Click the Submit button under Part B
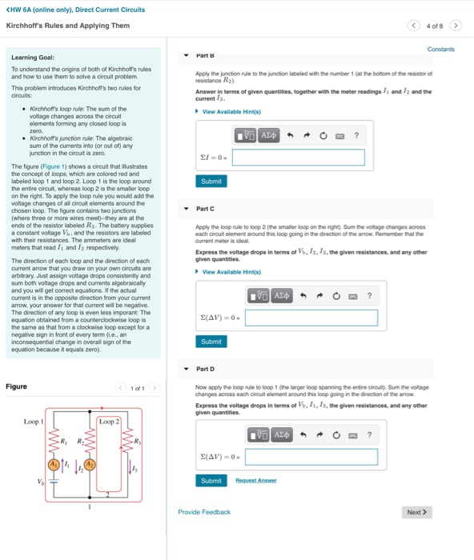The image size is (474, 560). (x=211, y=182)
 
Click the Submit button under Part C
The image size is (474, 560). (x=211, y=342)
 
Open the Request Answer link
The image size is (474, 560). (x=255, y=480)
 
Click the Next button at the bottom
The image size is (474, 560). (x=417, y=512)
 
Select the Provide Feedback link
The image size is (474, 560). (x=204, y=512)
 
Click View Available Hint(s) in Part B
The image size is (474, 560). (x=231, y=111)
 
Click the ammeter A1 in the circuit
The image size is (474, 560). (x=55, y=464)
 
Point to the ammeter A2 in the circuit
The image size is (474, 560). (x=90, y=464)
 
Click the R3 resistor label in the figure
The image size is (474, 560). (x=137, y=442)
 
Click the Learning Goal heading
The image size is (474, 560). (x=33, y=57)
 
